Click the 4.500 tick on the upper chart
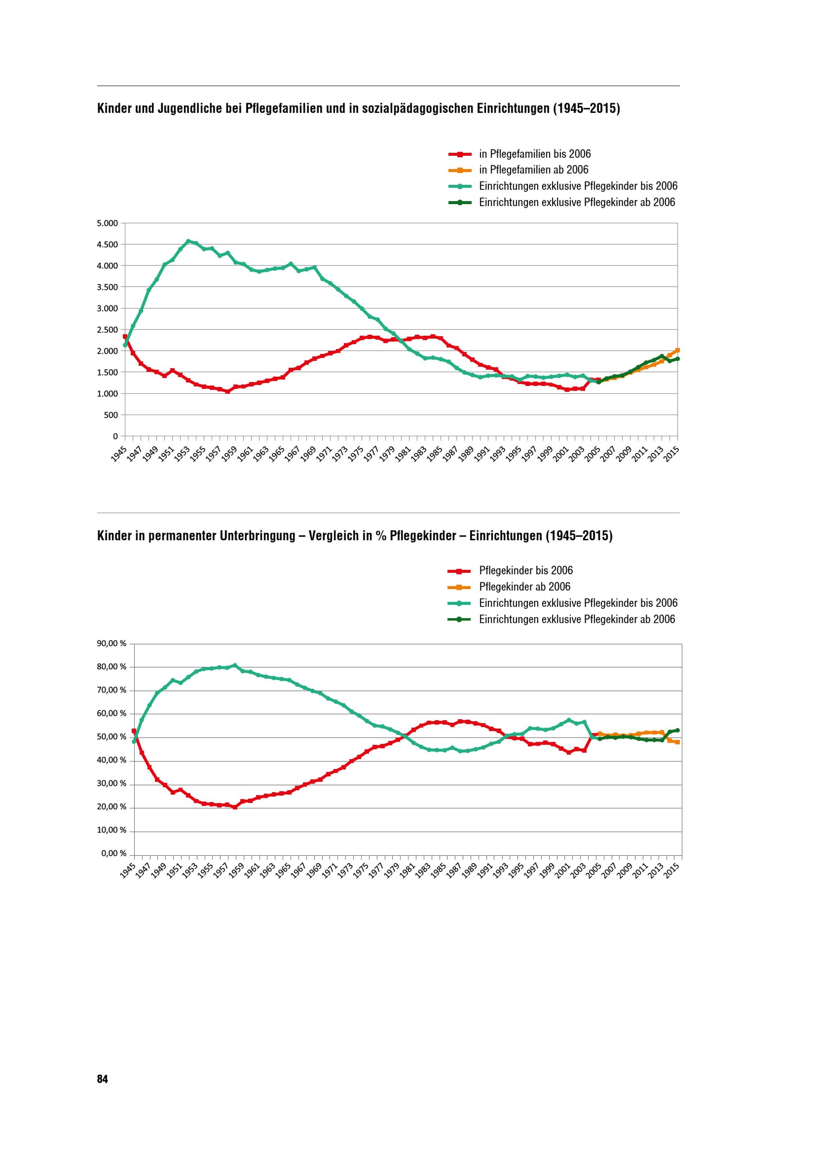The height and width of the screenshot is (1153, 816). pyautogui.click(x=108, y=245)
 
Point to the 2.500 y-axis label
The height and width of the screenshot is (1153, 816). pyautogui.click(x=108, y=330)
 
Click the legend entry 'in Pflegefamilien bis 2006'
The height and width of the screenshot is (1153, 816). pyautogui.click(x=534, y=154)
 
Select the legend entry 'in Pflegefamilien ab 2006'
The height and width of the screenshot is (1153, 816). pyautogui.click(x=534, y=170)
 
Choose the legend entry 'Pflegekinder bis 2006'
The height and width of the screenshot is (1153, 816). pyautogui.click(x=526, y=570)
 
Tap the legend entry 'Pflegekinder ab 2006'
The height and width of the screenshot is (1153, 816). pyautogui.click(x=525, y=587)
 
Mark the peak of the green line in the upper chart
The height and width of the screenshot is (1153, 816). pyautogui.click(x=188, y=241)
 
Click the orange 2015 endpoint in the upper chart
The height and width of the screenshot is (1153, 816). pyautogui.click(x=677, y=350)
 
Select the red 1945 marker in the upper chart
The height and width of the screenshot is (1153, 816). pyautogui.click(x=124, y=336)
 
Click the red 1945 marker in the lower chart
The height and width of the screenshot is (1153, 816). pyautogui.click(x=134, y=731)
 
